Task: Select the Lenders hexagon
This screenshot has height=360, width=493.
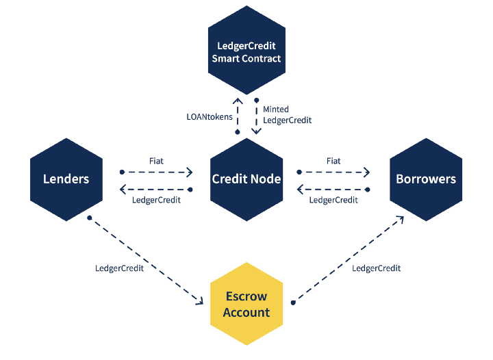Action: [66, 179]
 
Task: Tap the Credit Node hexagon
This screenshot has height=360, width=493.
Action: [246, 179]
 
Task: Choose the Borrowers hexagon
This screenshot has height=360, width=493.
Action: [426, 179]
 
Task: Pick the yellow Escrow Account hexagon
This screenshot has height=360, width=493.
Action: [247, 305]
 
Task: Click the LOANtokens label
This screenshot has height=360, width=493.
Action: [208, 116]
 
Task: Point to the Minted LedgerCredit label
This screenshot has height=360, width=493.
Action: [287, 114]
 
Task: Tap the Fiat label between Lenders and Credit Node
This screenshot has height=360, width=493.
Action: [156, 161]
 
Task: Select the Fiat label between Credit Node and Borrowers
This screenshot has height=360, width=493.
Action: [333, 161]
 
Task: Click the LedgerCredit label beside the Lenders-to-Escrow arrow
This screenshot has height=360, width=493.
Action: [119, 268]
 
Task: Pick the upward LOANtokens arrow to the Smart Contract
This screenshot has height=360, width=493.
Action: [238, 114]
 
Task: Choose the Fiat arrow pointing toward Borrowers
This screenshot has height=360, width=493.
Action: [333, 172]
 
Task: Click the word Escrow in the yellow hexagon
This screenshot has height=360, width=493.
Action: [246, 297]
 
